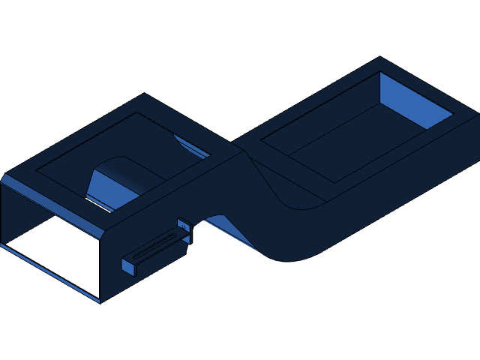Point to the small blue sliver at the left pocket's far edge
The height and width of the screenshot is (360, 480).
tap(191, 145)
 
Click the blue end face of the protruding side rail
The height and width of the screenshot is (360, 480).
tap(128, 266)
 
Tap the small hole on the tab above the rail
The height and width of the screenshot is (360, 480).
tap(183, 224)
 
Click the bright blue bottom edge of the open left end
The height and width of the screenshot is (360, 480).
tap(49, 272)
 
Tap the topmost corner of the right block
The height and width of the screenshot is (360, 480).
tap(380, 58)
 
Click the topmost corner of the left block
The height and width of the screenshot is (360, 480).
tap(145, 94)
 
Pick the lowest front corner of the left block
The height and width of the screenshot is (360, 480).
tap(100, 301)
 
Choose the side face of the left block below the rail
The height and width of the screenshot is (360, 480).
tap(150, 274)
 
